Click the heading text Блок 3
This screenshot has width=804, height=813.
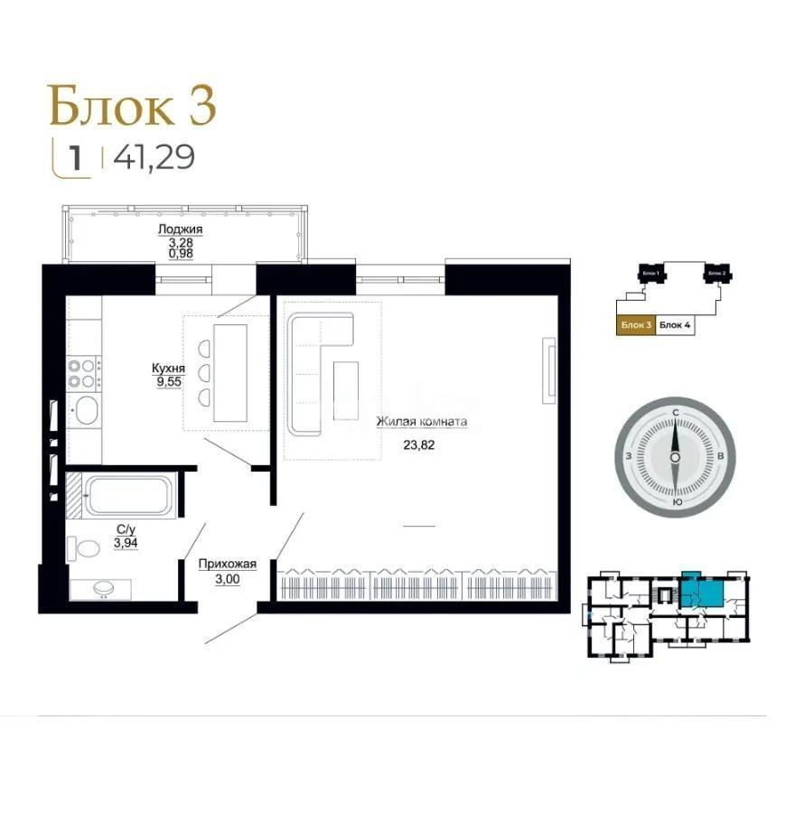[132, 105]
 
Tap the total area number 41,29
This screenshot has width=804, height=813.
[154, 158]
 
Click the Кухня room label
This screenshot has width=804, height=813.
[168, 369]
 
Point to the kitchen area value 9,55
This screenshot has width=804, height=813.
[168, 382]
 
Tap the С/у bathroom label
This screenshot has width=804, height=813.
[126, 530]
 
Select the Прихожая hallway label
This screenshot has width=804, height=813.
[228, 565]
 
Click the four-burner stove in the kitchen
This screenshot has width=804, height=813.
[85, 373]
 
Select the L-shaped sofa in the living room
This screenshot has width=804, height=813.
[312, 361]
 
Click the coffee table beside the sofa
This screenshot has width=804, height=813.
[346, 389]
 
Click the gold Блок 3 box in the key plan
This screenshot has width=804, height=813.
[635, 325]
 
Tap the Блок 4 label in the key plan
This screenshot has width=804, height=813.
[674, 325]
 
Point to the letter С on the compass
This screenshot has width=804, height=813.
[675, 412]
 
